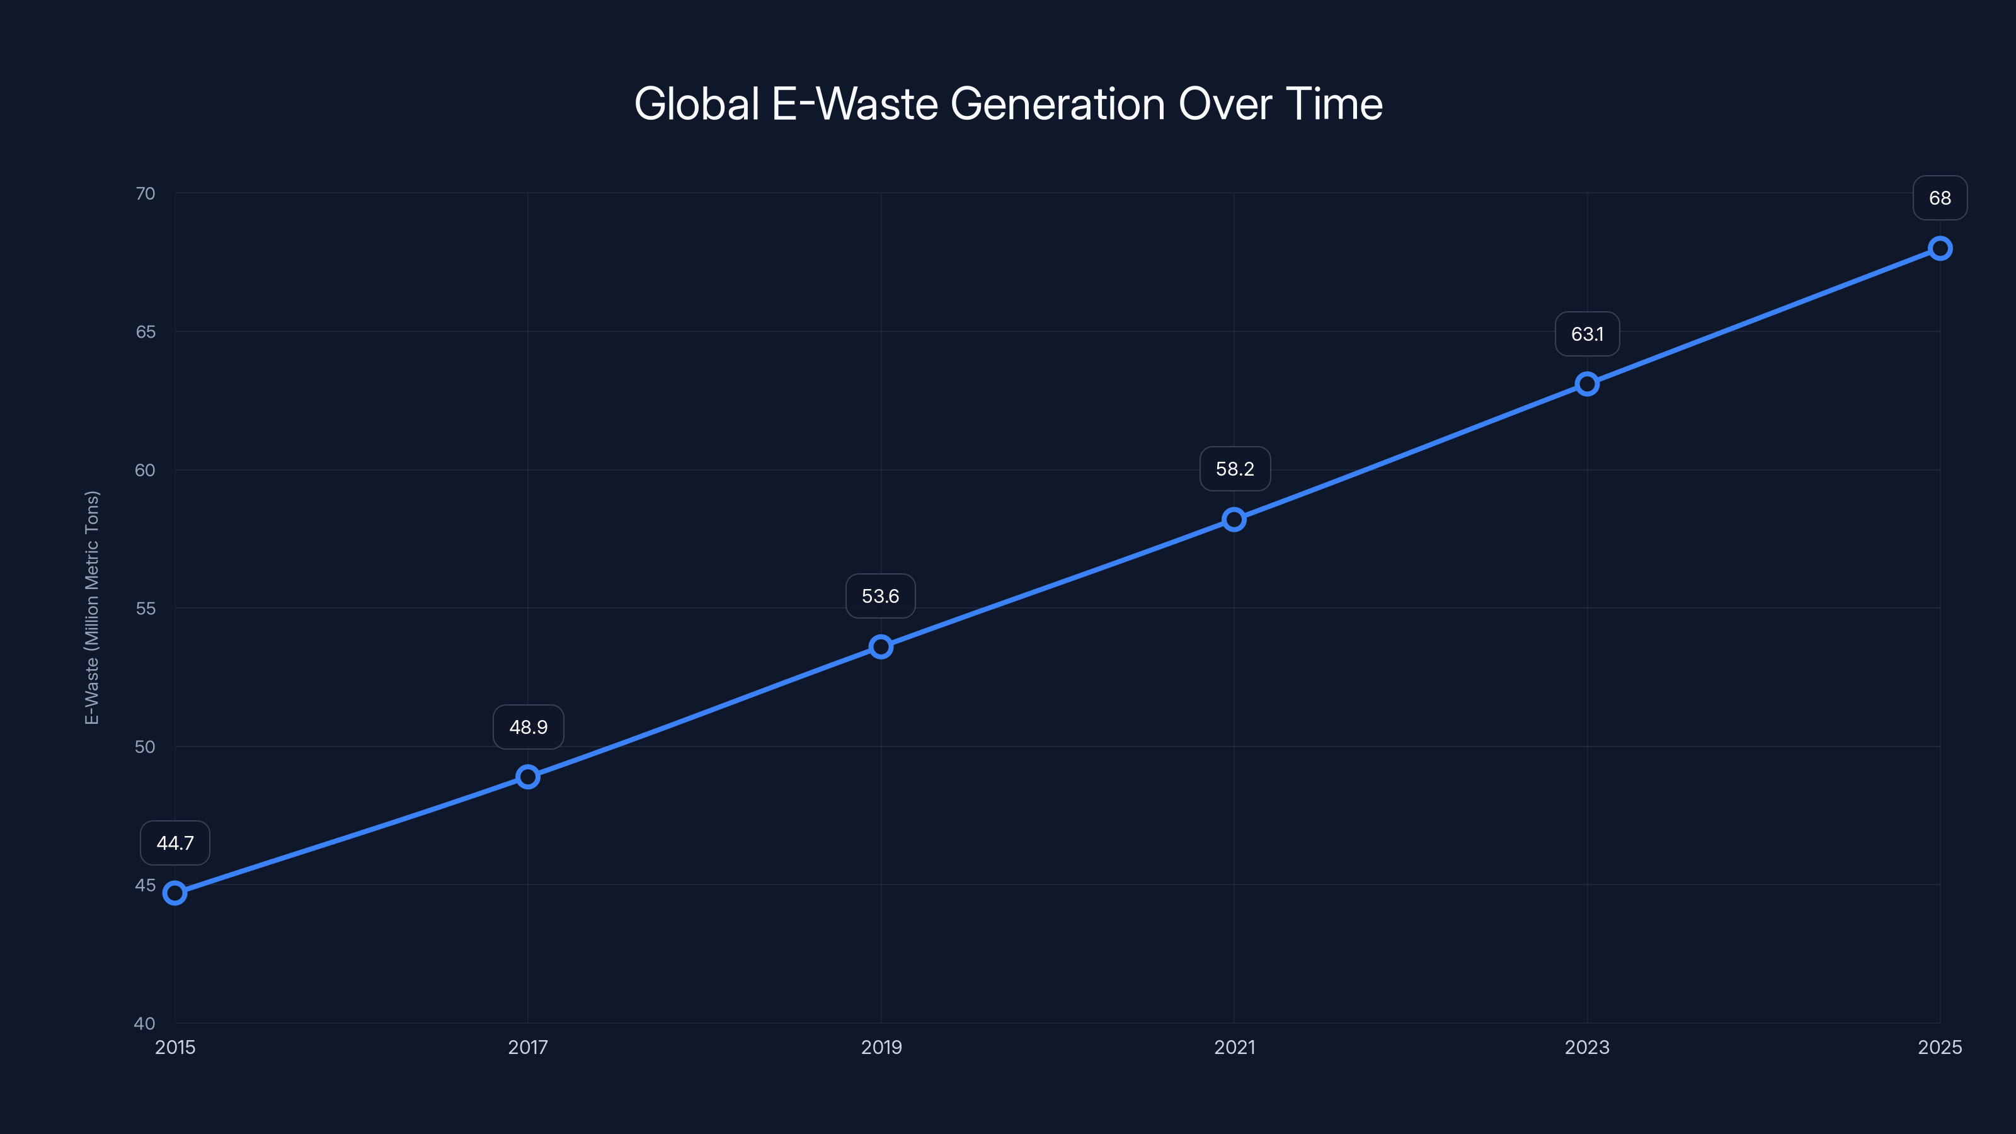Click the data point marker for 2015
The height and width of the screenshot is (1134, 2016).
pyautogui.click(x=175, y=893)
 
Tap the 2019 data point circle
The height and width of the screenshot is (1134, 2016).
pyautogui.click(x=881, y=646)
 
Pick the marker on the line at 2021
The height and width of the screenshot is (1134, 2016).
pyautogui.click(x=1234, y=520)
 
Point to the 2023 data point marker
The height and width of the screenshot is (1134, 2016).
pyautogui.click(x=1587, y=384)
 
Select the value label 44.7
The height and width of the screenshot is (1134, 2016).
pyautogui.click(x=175, y=843)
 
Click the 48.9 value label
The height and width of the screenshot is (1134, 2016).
pyautogui.click(x=529, y=727)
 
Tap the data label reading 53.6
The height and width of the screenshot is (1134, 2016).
pyautogui.click(x=881, y=597)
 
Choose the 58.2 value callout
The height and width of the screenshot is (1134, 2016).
pyautogui.click(x=1235, y=469)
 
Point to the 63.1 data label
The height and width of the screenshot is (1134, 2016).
pyautogui.click(x=1587, y=334)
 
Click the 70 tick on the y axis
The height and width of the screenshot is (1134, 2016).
pyautogui.click(x=146, y=193)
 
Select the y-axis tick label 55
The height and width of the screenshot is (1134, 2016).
pyautogui.click(x=146, y=608)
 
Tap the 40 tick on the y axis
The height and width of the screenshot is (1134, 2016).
pyautogui.click(x=146, y=1023)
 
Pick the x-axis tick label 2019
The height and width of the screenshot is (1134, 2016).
pyautogui.click(x=881, y=1047)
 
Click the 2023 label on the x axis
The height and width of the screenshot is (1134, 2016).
pyautogui.click(x=1587, y=1047)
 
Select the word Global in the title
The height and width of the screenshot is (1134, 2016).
pyautogui.click(x=697, y=104)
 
